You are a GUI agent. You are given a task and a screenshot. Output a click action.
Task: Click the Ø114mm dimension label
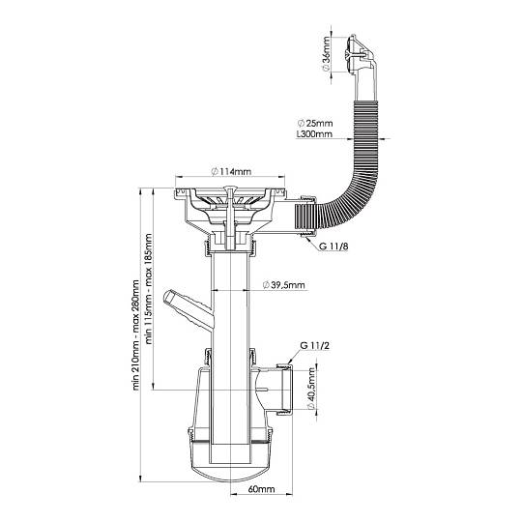point(231,172)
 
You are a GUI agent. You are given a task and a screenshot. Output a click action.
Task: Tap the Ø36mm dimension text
point(327,53)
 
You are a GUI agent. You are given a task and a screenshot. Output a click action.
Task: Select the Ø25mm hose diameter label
point(315,123)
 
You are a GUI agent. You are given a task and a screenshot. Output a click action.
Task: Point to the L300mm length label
point(314,134)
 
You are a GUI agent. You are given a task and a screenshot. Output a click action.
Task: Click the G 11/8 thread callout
point(333,246)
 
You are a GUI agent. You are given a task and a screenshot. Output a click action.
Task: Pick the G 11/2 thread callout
point(314,345)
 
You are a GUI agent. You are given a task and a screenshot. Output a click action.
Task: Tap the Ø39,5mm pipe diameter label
point(283,285)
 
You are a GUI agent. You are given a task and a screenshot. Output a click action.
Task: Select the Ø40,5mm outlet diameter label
point(311,389)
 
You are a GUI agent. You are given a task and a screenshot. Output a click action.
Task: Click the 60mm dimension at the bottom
point(261,489)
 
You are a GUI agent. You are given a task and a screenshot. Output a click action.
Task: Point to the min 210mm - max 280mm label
point(136,334)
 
